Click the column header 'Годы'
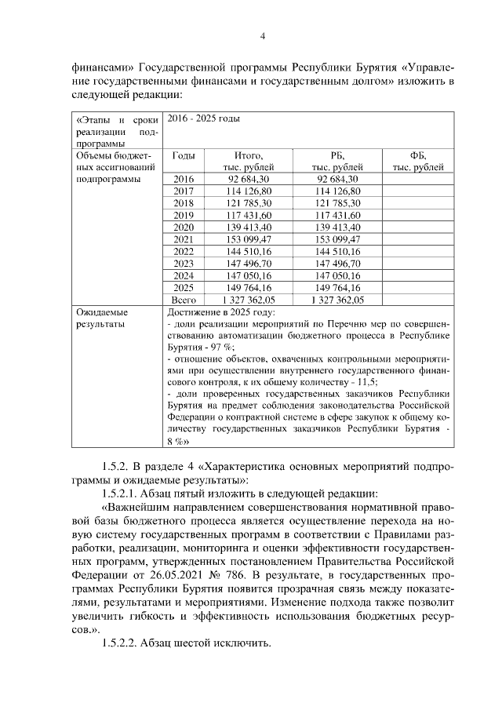coord(183,155)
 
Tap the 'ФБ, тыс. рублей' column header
coord(417,161)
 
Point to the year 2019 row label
coord(183,215)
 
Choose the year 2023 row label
coord(183,264)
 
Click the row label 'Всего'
coord(183,300)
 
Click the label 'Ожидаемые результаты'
coord(101,318)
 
